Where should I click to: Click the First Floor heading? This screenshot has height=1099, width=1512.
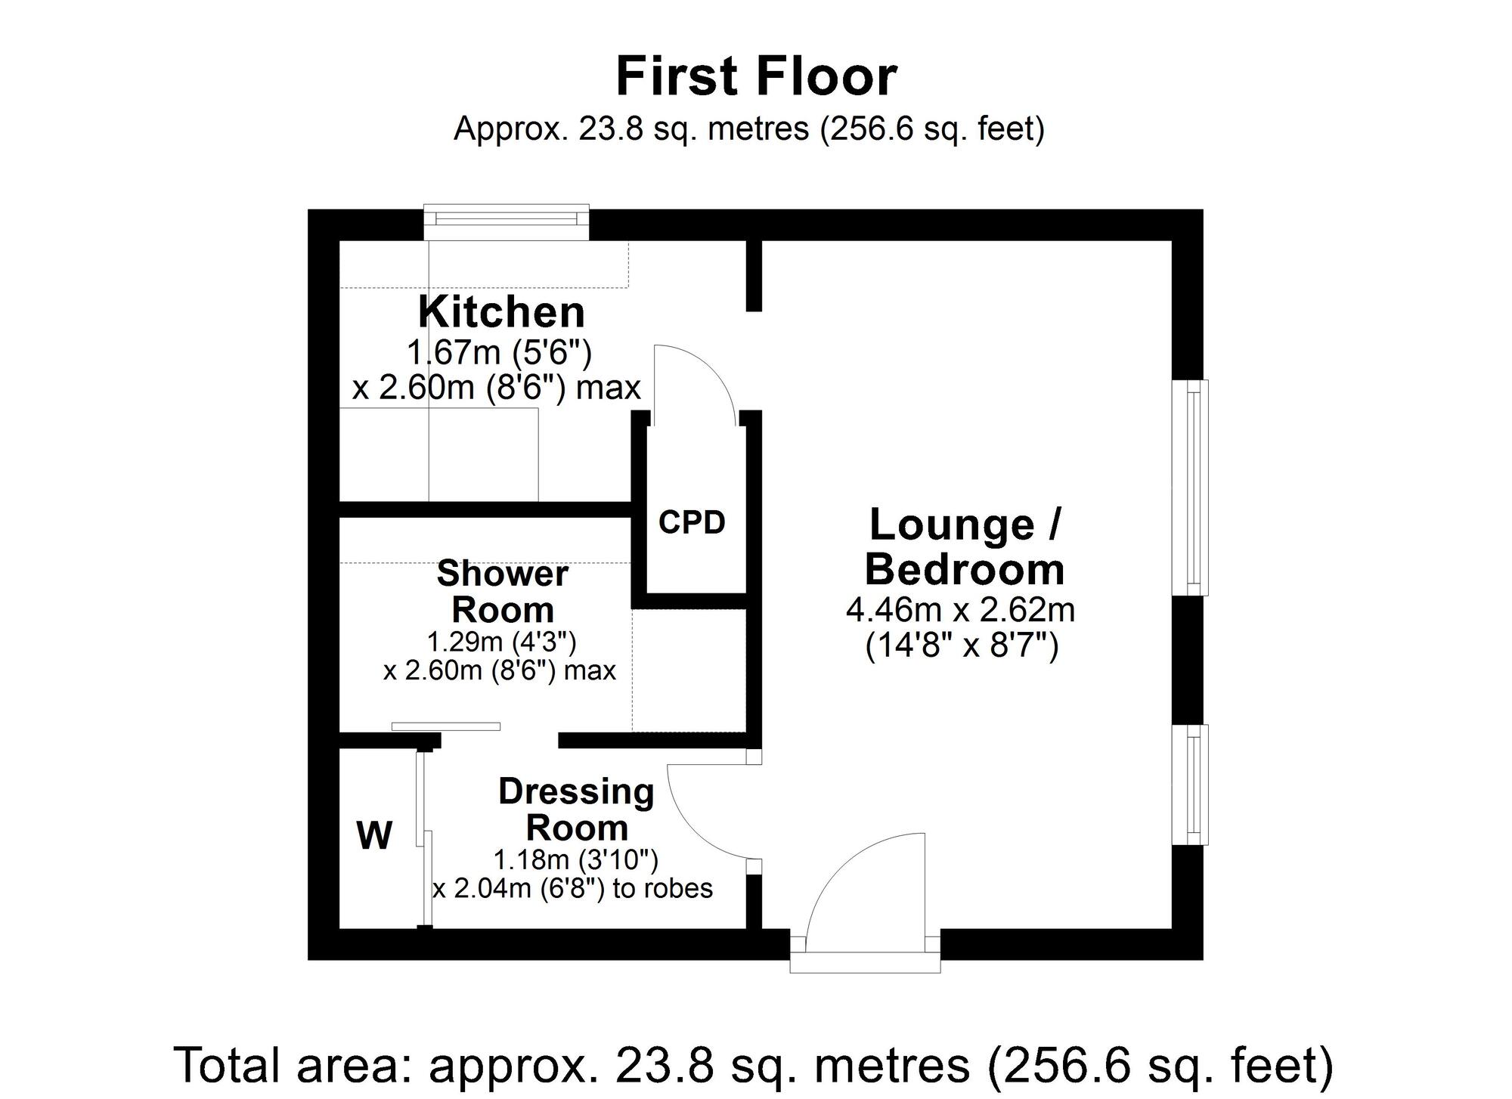coord(756,77)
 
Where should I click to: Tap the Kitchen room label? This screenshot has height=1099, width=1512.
coord(501,311)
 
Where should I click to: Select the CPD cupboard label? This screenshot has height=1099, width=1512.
coord(692,522)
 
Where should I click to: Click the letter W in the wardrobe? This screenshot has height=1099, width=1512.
coord(374,836)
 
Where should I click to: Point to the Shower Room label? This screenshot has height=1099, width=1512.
coord(502,591)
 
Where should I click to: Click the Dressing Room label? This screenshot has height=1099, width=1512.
coord(576,810)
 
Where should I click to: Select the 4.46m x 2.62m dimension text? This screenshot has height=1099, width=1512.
coord(960,609)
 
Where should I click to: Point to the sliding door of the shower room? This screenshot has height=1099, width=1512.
coord(446,726)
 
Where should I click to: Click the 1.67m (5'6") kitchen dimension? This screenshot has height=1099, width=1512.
coord(499,352)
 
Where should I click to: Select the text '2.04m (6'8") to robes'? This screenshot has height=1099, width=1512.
coord(572,888)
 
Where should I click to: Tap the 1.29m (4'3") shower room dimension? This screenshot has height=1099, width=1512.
coord(501,642)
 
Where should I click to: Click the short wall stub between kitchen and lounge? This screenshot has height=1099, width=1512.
coord(753,275)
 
